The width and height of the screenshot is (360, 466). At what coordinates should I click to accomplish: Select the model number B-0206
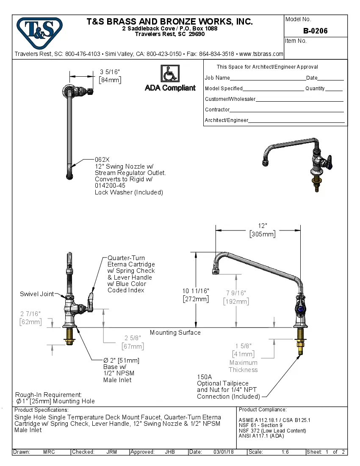click(x=315, y=31)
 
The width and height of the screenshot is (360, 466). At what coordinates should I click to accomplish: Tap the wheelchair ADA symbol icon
click(x=170, y=73)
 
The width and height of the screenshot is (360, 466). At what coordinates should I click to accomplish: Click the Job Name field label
click(x=217, y=78)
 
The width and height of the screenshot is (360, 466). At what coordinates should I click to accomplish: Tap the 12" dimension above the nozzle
click(x=263, y=226)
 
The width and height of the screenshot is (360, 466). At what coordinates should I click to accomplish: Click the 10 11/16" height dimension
click(x=196, y=291)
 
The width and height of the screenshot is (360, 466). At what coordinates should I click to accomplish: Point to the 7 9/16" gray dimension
click(x=236, y=293)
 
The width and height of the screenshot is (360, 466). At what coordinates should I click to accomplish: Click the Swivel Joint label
click(x=37, y=294)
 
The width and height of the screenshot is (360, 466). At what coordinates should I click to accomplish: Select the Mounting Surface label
click(x=175, y=333)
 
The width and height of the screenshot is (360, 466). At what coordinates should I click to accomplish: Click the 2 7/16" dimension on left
click(x=30, y=313)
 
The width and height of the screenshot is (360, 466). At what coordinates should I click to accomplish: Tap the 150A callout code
click(x=204, y=377)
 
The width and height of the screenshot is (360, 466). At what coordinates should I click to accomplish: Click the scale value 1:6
click(x=285, y=452)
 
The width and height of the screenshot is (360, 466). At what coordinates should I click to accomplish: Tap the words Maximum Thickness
click(x=243, y=366)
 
